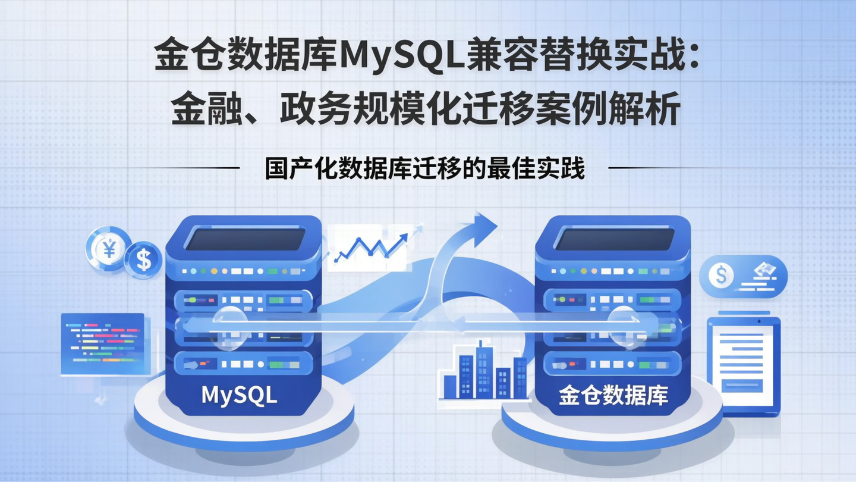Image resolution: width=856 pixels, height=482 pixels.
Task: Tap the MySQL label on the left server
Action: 239,395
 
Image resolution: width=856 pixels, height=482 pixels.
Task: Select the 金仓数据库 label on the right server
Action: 613,395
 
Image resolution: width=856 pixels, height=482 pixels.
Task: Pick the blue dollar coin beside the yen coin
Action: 143,260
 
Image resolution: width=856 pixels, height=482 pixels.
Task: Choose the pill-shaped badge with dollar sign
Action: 743,276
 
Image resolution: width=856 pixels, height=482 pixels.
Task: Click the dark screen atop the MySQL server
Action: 244,239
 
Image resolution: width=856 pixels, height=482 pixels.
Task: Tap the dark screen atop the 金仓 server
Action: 613,239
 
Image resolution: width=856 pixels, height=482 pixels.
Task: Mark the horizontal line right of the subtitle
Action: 654,168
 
